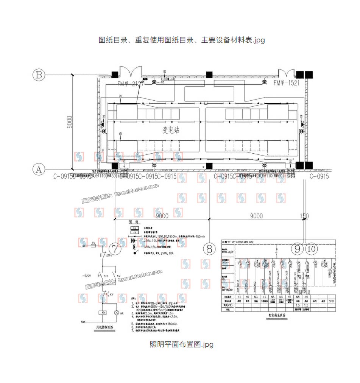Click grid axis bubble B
click(38, 75)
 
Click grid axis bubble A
click(38, 169)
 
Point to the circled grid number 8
click(209, 249)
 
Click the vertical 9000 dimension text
click(69, 122)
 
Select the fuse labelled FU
click(94, 245)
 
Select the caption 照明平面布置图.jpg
click(181, 344)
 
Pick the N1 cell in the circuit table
click(239, 297)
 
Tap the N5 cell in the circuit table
click(272, 297)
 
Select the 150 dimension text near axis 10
click(304, 216)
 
